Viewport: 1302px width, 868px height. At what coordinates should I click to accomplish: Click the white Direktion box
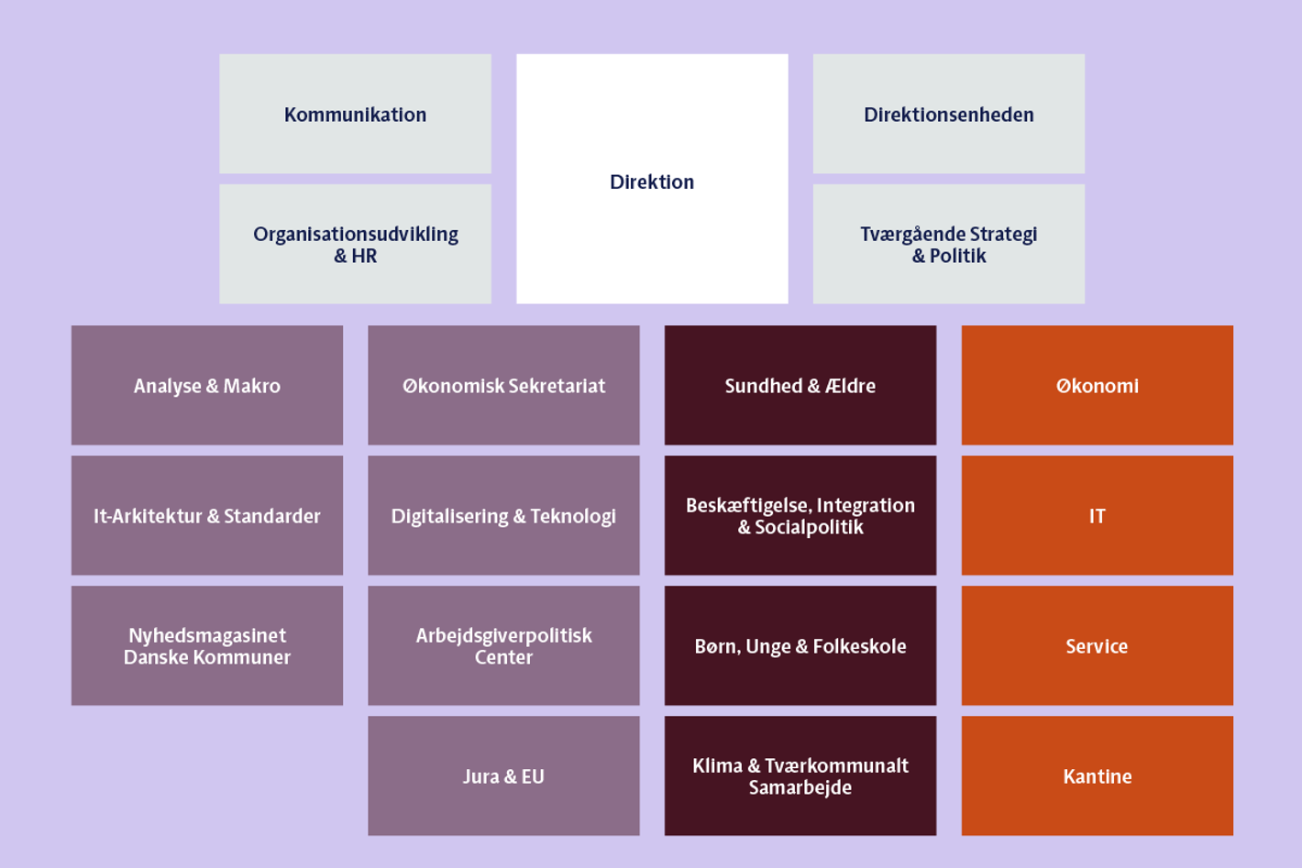point(652,179)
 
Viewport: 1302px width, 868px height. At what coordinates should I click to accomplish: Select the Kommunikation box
point(355,114)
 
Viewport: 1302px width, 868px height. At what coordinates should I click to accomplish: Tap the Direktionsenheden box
point(948,114)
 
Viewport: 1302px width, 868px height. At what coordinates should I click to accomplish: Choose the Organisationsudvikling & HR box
point(355,244)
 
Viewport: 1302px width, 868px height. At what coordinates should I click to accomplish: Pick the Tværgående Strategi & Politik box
point(948,244)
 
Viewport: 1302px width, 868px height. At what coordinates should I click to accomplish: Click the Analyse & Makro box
point(207,385)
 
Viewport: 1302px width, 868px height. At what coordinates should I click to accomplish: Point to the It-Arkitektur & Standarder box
point(207,515)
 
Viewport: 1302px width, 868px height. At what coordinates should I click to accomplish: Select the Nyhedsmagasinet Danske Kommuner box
point(207,645)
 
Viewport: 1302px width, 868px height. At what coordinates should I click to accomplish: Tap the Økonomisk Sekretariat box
point(503,385)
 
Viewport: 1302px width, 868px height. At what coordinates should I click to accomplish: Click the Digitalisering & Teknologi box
point(503,515)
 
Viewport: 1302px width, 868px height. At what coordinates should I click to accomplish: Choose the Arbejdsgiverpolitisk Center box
point(503,645)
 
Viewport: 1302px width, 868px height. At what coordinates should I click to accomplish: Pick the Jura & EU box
point(503,775)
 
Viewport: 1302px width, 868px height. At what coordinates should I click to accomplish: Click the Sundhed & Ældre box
point(800,385)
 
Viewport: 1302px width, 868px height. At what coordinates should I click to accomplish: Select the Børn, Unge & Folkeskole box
point(800,645)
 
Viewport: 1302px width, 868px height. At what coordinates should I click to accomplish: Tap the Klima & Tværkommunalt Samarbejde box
point(800,775)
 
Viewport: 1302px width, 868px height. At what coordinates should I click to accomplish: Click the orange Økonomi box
point(1097,385)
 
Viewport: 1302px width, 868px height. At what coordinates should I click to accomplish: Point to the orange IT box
point(1097,515)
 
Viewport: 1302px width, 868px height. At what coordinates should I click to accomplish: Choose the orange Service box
point(1097,645)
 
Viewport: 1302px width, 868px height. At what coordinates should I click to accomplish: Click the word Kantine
point(1097,776)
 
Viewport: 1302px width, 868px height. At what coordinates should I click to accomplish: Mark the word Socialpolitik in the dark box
point(809,527)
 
